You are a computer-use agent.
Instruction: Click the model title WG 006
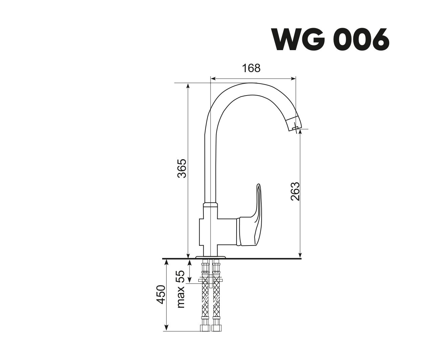tap(330, 39)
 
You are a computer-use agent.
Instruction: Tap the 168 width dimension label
tap(251, 68)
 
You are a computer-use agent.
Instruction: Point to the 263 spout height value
tap(295, 191)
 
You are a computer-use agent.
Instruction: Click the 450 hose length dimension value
tap(161, 294)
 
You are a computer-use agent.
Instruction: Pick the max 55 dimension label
tap(181, 289)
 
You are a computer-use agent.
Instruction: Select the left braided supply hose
tap(205, 297)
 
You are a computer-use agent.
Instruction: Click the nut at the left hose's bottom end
tap(205, 328)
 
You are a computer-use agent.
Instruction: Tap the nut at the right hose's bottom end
tap(216, 328)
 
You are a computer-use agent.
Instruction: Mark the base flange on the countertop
tap(211, 257)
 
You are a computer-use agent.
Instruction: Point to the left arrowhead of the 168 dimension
tap(213, 79)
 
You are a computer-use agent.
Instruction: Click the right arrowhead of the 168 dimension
tap(293, 79)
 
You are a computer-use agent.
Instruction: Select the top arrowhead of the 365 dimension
tap(188, 86)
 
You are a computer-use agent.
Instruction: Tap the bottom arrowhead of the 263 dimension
tap(300, 255)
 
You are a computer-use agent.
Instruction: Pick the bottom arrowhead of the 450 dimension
tap(166, 329)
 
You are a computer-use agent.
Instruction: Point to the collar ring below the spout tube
tap(211, 205)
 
